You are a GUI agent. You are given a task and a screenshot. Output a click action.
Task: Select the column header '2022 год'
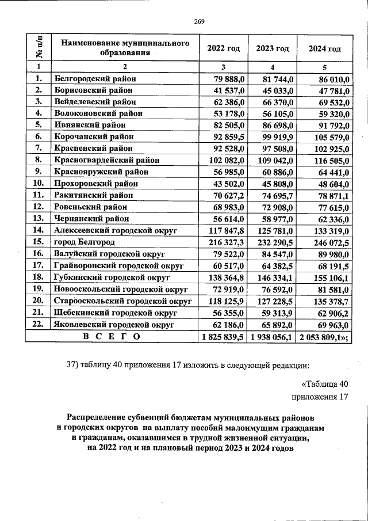223,48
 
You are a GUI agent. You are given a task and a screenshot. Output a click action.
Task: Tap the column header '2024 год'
324,48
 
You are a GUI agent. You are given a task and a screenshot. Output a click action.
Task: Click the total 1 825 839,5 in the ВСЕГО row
221,336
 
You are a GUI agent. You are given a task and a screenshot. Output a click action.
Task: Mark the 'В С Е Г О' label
110,336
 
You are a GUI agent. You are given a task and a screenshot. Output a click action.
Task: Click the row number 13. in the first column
39,219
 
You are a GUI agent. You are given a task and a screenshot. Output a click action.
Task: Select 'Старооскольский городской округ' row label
122,301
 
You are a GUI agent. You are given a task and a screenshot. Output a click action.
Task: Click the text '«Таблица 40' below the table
325,384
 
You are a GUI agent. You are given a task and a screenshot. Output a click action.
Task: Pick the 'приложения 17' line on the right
320,397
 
